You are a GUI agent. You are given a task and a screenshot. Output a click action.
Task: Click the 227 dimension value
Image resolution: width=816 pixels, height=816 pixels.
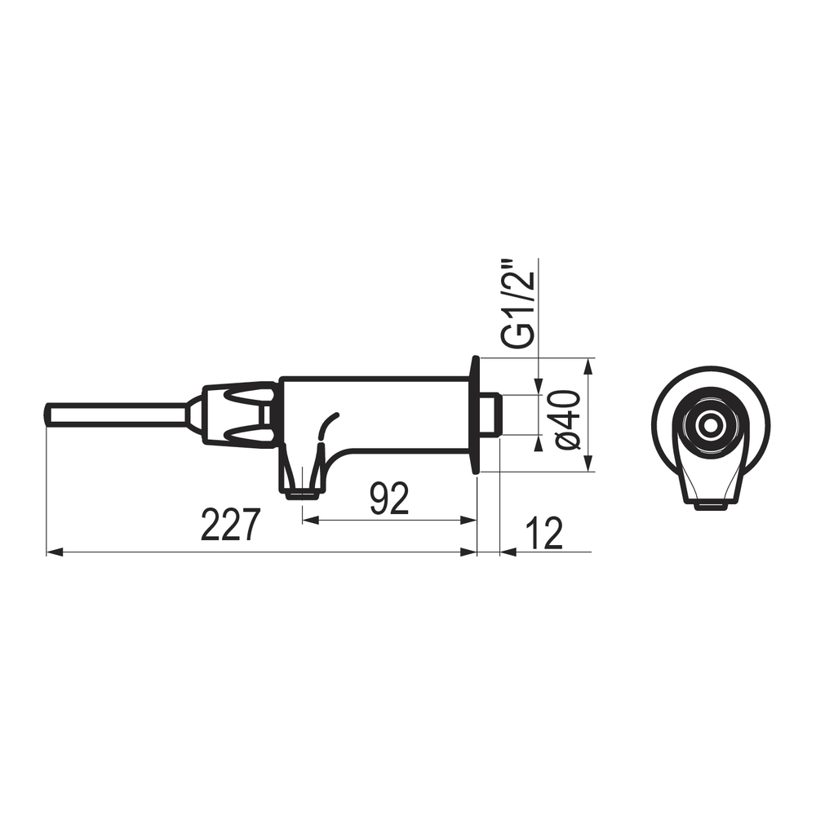(x=230, y=525)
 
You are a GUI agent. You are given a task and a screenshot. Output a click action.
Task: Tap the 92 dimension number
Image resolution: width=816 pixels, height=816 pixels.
(x=390, y=498)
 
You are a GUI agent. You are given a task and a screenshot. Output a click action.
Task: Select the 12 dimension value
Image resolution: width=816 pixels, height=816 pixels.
(x=544, y=534)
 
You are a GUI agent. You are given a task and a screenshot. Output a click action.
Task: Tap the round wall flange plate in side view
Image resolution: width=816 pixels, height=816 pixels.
(x=475, y=415)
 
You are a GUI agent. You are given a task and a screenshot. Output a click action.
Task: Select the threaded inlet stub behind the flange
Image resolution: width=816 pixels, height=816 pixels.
(x=490, y=415)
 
